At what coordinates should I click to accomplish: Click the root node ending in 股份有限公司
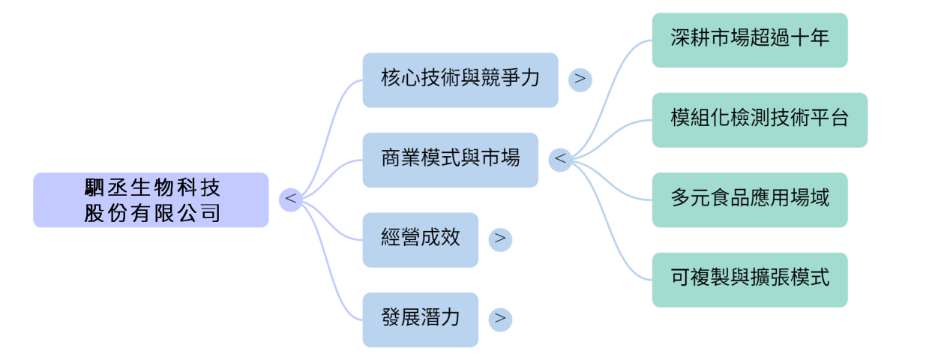(x=151, y=199)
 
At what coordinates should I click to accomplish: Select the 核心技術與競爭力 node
(x=460, y=79)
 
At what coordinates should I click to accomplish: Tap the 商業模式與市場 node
(x=450, y=160)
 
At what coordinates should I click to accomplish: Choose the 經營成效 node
(x=420, y=239)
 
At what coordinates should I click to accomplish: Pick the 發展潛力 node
(x=420, y=319)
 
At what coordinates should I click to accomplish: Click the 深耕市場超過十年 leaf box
(x=750, y=40)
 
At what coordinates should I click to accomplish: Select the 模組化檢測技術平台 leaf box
(x=760, y=120)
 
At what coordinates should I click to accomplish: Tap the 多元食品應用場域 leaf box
(x=750, y=199)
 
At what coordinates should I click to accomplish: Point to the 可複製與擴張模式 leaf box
(x=750, y=280)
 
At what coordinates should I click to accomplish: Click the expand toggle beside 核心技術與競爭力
(x=580, y=79)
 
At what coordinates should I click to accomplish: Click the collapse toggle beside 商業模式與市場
(x=560, y=160)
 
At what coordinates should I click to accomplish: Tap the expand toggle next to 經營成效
(x=500, y=239)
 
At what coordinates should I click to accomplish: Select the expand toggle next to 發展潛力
(x=500, y=319)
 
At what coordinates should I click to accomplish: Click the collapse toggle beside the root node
(x=290, y=199)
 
